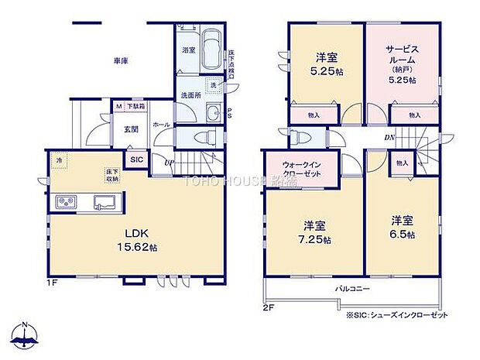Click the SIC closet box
click(x=137, y=159)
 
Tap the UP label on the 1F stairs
click(x=169, y=162)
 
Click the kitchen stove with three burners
click(x=66, y=203)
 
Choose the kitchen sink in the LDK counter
click(x=104, y=203)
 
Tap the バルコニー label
click(x=352, y=288)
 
